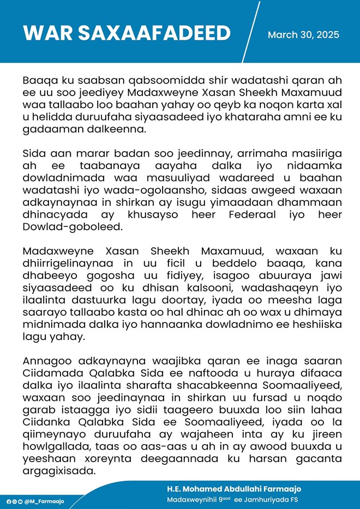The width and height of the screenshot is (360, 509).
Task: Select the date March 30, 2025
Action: point(303,35)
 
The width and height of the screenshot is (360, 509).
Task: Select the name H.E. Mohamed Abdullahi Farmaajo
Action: point(234,489)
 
